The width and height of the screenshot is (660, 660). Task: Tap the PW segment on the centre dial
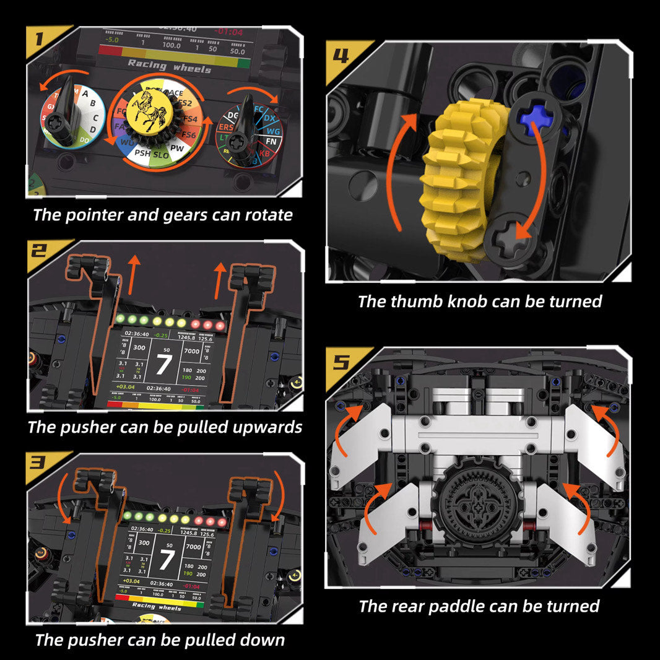pos(177,149)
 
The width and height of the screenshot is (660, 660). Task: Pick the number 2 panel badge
pos(40,251)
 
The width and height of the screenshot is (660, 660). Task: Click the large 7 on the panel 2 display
pos(163,365)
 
